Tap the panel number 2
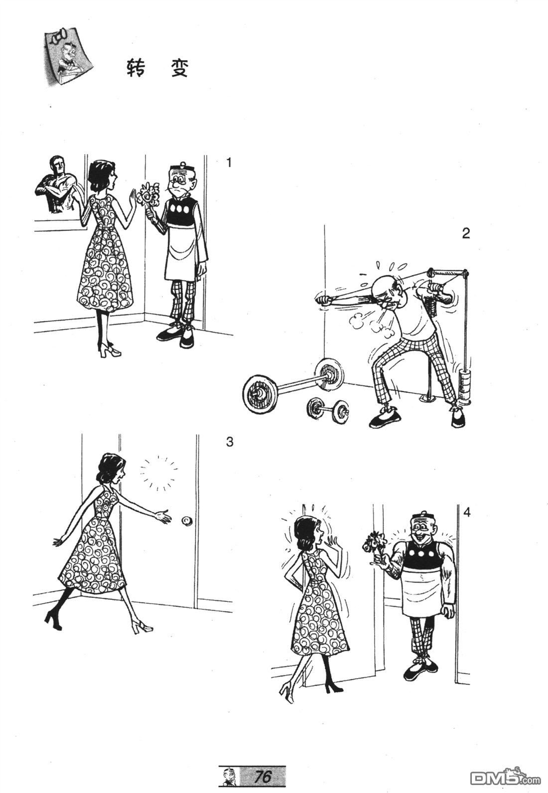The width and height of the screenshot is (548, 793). [466, 233]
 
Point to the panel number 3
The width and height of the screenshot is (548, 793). [230, 442]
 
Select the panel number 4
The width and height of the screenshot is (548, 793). [467, 512]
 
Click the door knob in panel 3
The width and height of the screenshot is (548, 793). [186, 520]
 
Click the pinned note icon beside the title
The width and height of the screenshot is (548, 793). [67, 56]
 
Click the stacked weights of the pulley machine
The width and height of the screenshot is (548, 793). [464, 386]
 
